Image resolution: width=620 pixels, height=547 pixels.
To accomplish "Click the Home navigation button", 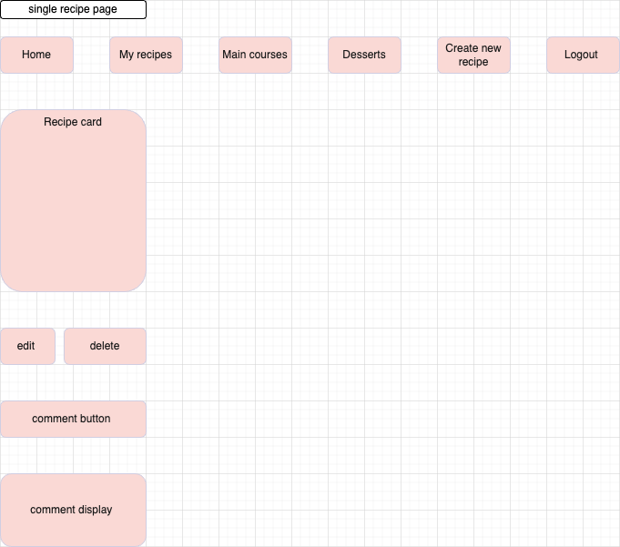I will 36,55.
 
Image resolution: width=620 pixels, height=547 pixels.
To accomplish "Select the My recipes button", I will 146,55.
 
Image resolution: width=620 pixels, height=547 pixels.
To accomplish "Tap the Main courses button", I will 255,55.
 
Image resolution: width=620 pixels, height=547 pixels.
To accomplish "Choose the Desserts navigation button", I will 364,55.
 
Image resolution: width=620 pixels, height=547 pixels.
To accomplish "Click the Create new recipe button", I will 473,55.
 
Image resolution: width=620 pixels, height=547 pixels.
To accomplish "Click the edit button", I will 26,346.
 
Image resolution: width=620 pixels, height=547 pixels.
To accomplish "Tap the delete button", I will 105,346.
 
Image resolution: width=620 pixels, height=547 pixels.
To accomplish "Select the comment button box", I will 73,419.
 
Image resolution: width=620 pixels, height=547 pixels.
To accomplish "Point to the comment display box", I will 73,510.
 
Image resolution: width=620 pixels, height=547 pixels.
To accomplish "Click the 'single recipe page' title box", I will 73,10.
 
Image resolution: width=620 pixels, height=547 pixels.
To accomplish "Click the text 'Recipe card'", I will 73,122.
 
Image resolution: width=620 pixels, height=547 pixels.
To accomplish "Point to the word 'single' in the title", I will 43,10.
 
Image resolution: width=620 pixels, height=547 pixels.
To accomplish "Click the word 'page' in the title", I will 105,10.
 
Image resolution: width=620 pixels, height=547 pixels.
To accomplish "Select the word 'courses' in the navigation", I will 269,55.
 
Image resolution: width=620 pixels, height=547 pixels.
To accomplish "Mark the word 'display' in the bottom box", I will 94,510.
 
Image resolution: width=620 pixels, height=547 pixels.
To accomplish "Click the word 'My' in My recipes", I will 127,55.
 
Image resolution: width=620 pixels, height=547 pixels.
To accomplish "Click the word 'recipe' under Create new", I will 473,62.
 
